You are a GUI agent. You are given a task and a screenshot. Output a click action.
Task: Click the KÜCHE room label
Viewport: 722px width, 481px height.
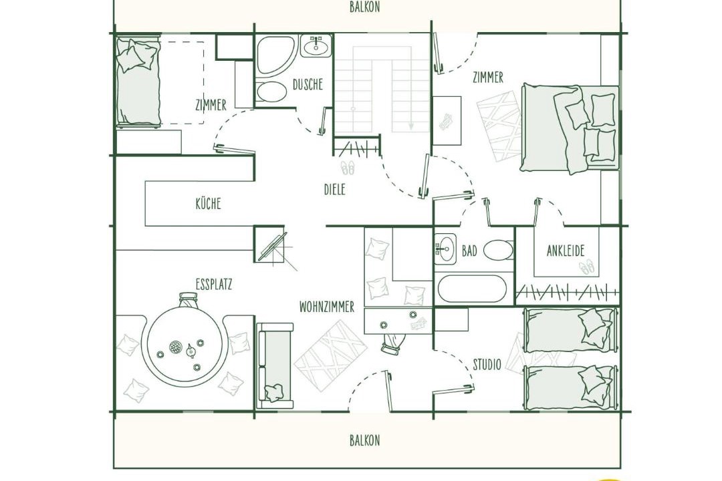point(208,204)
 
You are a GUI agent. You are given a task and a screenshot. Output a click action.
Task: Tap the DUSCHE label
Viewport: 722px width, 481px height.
point(308,85)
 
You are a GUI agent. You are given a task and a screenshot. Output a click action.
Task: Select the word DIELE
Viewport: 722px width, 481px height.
point(335,189)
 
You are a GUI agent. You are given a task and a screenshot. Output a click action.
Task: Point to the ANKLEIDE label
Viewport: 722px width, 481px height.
point(566,251)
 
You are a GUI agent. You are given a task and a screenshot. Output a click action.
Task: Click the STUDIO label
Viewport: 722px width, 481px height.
point(487,365)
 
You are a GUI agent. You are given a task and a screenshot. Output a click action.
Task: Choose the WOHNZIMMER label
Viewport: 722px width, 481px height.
point(327,307)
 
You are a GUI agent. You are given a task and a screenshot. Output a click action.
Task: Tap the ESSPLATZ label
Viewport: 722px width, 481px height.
point(214,285)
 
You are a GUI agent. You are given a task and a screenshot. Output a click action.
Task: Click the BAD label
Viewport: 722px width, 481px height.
point(469,251)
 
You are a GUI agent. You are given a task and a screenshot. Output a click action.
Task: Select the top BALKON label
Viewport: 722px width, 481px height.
point(365,7)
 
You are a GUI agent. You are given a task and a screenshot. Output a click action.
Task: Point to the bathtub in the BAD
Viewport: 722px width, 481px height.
point(472,289)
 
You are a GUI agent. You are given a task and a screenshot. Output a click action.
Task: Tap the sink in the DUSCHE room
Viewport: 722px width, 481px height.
point(316,45)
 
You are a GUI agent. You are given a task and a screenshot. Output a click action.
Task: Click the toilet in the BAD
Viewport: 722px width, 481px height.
point(498,250)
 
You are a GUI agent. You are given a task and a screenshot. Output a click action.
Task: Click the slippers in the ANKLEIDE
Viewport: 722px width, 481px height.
point(587,267)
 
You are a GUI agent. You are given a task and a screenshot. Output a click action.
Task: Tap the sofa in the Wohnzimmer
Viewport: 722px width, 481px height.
point(275,366)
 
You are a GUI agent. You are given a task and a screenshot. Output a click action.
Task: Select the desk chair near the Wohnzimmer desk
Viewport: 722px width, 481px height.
point(392,343)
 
